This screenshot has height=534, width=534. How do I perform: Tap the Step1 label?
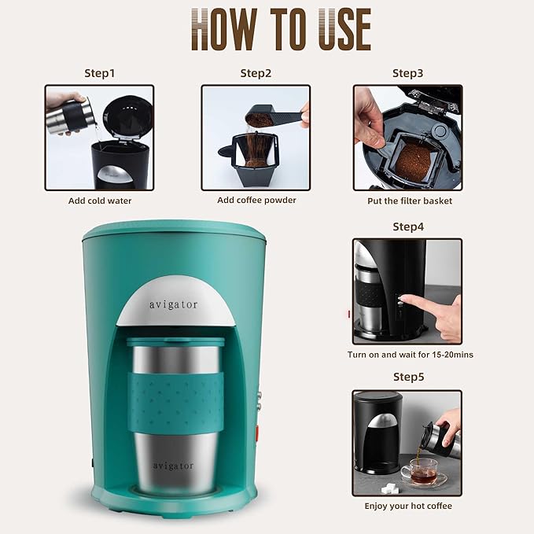(99, 73)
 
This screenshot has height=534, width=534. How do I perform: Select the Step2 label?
(256, 73)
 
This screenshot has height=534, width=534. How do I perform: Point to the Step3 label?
(407, 73)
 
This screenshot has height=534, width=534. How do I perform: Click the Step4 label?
(407, 226)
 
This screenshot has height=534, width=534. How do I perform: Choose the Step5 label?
(407, 377)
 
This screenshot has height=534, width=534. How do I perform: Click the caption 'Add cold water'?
(100, 201)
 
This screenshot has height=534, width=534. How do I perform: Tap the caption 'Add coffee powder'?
(256, 201)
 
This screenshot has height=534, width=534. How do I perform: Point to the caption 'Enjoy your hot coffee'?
(407, 506)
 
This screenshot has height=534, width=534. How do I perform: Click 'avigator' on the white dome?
(174, 304)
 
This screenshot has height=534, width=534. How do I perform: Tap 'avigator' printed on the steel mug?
(173, 466)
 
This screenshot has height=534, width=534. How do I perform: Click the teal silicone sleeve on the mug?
(175, 402)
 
